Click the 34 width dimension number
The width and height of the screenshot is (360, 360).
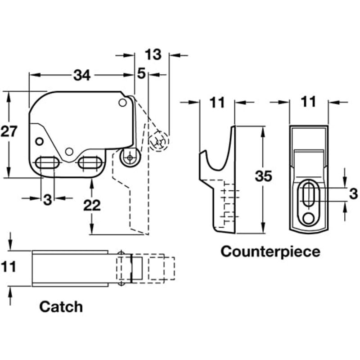[x=82, y=76]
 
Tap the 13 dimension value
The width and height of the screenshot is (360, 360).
[x=153, y=54]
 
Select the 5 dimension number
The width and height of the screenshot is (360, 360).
[x=141, y=74]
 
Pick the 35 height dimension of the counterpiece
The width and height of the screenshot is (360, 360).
[x=263, y=176]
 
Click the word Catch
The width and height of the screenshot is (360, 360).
[x=61, y=307]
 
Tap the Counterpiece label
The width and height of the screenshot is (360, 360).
[x=270, y=251]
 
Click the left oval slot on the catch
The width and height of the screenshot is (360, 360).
[x=47, y=162]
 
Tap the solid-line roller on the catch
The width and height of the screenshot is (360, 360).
[x=130, y=157]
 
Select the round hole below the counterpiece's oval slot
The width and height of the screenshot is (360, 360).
[x=308, y=218]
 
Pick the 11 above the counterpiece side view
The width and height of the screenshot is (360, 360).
[x=217, y=103]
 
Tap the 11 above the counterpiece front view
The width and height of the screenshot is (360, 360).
[x=308, y=103]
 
